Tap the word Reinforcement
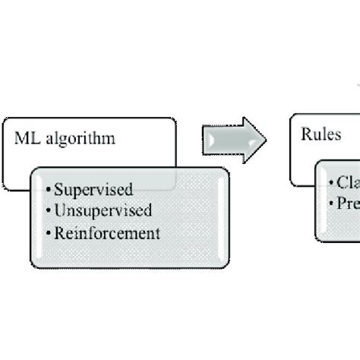click(x=107, y=232)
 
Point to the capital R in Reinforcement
click(x=59, y=232)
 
